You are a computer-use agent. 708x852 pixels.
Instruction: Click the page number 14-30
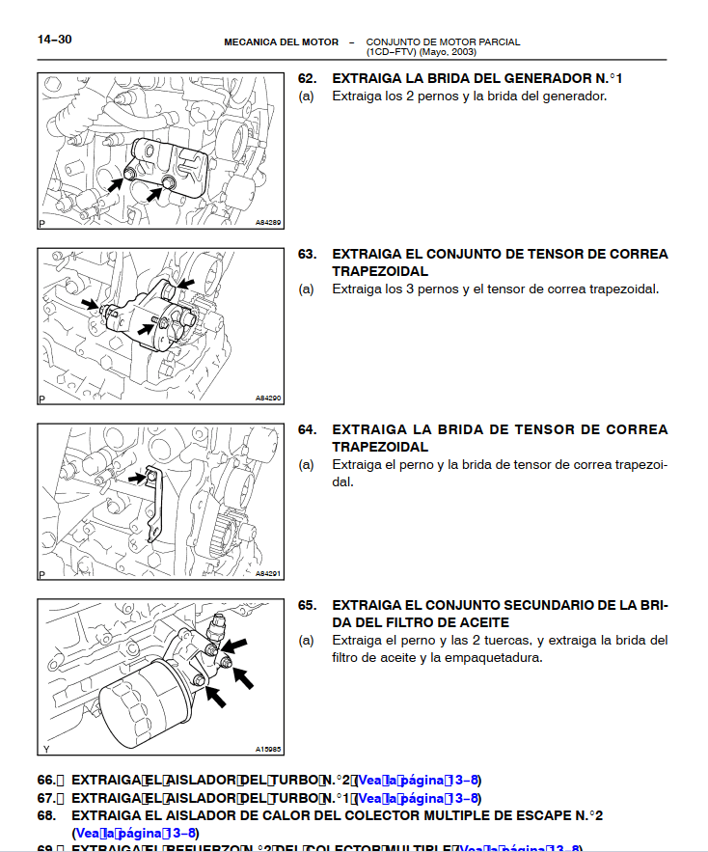54,40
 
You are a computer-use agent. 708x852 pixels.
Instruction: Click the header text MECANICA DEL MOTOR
281,42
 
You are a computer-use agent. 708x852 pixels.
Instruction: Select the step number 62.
307,78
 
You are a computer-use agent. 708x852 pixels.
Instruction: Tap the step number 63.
307,254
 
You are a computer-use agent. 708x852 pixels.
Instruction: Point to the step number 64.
307,429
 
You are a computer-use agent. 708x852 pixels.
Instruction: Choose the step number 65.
307,605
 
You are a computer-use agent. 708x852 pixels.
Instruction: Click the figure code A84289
267,223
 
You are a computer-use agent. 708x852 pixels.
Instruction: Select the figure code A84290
267,398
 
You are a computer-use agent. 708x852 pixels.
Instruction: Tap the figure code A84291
267,573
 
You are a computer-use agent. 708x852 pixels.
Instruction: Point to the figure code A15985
267,749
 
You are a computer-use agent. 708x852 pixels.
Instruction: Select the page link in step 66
419,781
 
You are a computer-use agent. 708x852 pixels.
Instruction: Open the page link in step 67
419,798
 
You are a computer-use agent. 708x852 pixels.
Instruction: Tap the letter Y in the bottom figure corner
45,749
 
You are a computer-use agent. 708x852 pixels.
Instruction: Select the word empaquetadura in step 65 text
487,658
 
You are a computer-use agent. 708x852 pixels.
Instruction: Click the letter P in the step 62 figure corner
43,223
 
